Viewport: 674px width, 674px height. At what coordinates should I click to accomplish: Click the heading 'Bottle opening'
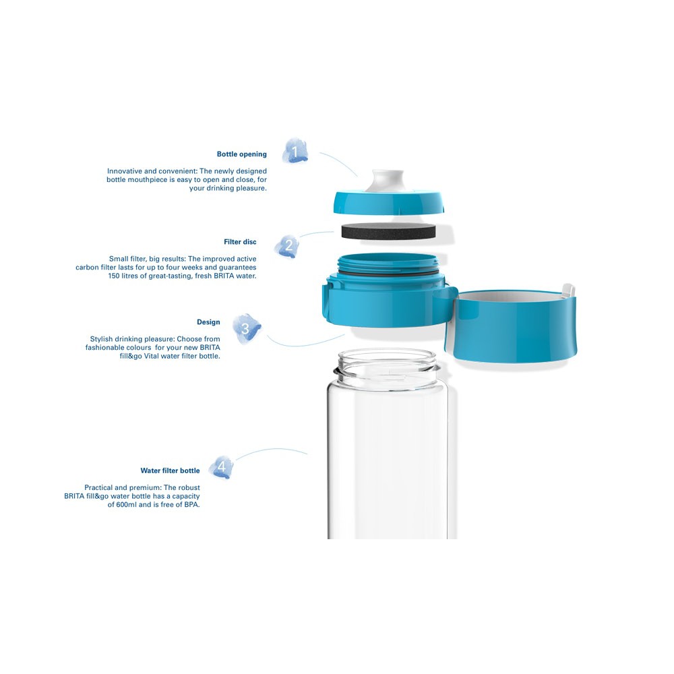click(241, 154)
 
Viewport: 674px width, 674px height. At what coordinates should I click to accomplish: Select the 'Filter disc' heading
click(240, 242)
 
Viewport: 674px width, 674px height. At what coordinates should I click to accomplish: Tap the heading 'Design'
click(208, 322)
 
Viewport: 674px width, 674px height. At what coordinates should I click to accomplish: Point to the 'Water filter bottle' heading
click(171, 470)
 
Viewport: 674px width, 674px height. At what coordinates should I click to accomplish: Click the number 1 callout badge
click(295, 151)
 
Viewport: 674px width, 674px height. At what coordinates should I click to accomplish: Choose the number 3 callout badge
click(246, 329)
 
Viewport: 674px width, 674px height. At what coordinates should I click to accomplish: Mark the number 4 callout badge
click(222, 467)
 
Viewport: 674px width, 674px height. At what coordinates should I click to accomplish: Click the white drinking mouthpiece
click(388, 181)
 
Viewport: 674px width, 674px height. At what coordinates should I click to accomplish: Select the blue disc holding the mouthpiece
click(389, 202)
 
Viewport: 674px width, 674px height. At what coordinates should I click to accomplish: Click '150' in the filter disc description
click(114, 276)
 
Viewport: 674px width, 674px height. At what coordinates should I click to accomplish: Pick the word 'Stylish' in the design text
click(101, 339)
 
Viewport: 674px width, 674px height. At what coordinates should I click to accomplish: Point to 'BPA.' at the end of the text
click(192, 505)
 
